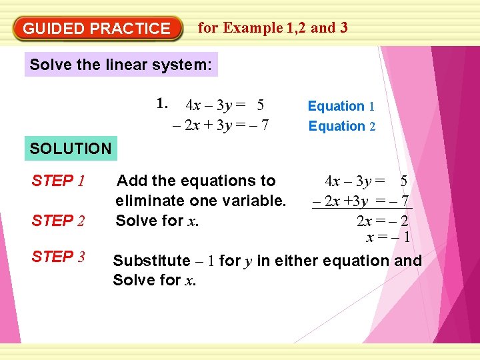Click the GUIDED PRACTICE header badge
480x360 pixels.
97,29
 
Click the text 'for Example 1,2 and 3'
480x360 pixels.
273,28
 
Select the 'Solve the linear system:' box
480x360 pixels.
121,65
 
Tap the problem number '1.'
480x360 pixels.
163,103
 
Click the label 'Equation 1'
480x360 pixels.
341,106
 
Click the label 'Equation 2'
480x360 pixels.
341,126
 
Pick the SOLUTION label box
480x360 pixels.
71,149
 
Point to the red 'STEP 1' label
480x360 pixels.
57,181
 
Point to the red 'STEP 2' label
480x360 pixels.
58,221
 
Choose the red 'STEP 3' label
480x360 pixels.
58,257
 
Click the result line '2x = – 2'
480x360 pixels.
382,221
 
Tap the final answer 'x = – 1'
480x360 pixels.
388,238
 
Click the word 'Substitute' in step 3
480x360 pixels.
151,261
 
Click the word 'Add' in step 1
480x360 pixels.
129,181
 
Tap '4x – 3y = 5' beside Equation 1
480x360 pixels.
225,105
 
